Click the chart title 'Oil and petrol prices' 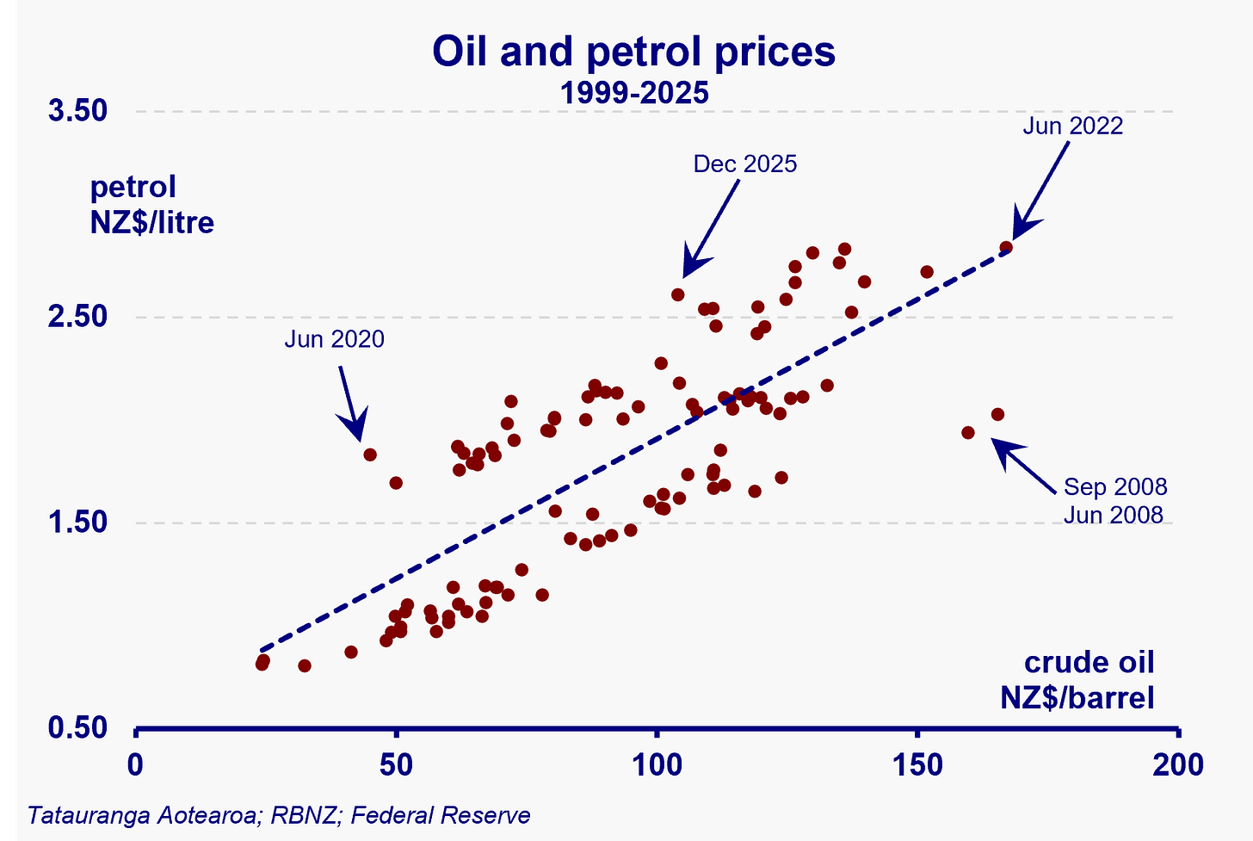click(x=633, y=52)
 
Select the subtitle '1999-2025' click(x=634, y=92)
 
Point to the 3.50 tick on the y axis click(x=77, y=112)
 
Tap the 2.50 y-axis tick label click(x=77, y=317)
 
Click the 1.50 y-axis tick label click(x=77, y=523)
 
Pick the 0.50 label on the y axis click(x=77, y=728)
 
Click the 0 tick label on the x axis click(x=135, y=764)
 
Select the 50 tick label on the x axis click(x=396, y=764)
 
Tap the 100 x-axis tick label click(x=657, y=764)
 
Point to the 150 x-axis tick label click(x=917, y=764)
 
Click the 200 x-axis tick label click(x=1177, y=764)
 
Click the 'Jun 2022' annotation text click(x=1072, y=126)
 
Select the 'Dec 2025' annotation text click(x=745, y=164)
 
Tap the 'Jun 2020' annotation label click(x=334, y=339)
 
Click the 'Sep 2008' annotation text click(x=1115, y=487)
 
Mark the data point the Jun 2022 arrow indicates click(x=1006, y=248)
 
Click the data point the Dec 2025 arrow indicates click(x=677, y=294)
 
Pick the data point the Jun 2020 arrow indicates click(x=370, y=455)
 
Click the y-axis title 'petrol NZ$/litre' click(x=151, y=205)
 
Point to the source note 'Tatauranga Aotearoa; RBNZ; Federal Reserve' click(x=279, y=814)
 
